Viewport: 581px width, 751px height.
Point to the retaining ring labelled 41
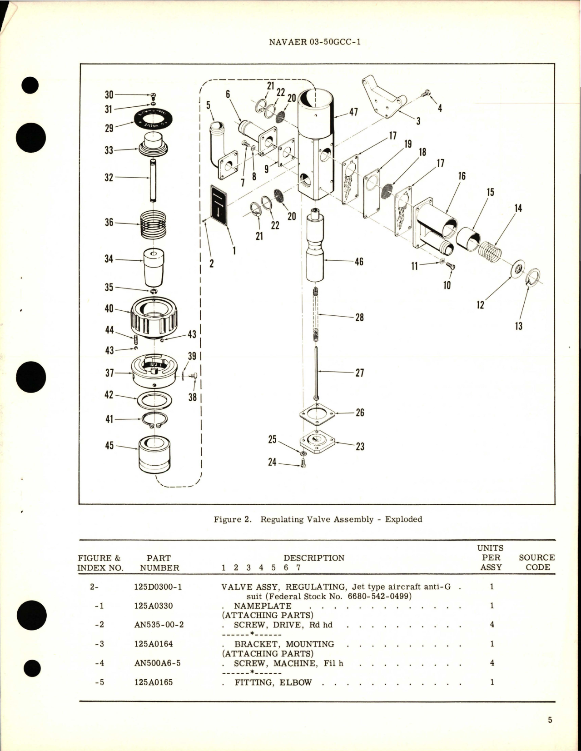(154, 420)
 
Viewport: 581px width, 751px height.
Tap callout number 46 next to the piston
(359, 262)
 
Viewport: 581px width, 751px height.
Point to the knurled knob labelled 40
(154, 313)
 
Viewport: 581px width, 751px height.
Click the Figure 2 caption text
(318, 519)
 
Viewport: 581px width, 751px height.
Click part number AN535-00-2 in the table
(159, 625)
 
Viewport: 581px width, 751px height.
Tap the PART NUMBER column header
(159, 562)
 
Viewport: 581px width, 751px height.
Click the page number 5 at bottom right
(550, 720)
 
